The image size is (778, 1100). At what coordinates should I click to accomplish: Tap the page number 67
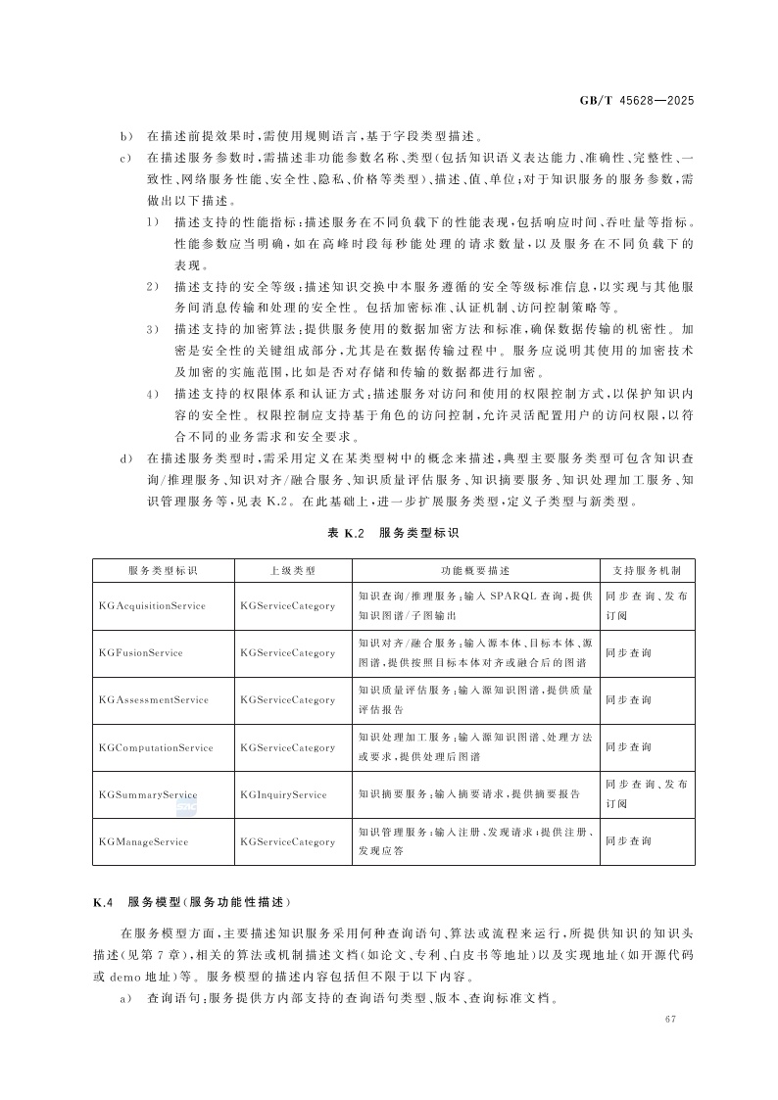point(670,1020)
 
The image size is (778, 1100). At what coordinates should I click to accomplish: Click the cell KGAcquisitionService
point(152,605)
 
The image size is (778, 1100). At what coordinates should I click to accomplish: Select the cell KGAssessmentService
point(154,700)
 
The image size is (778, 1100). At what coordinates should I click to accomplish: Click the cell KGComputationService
point(156,747)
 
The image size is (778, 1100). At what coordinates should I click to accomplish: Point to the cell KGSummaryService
point(148,794)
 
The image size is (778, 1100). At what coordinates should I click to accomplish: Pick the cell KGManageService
point(144,841)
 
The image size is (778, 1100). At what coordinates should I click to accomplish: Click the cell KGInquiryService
point(283,794)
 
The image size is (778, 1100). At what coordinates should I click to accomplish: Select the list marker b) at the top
point(125,136)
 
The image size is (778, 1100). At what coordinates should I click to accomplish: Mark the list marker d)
point(125,457)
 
